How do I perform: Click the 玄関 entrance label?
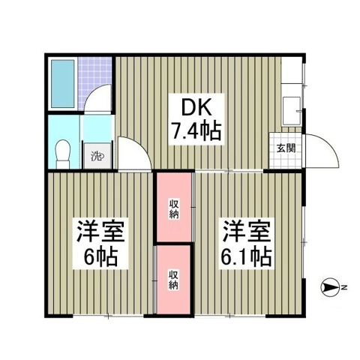[285, 148]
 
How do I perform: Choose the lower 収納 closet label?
[173, 279]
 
